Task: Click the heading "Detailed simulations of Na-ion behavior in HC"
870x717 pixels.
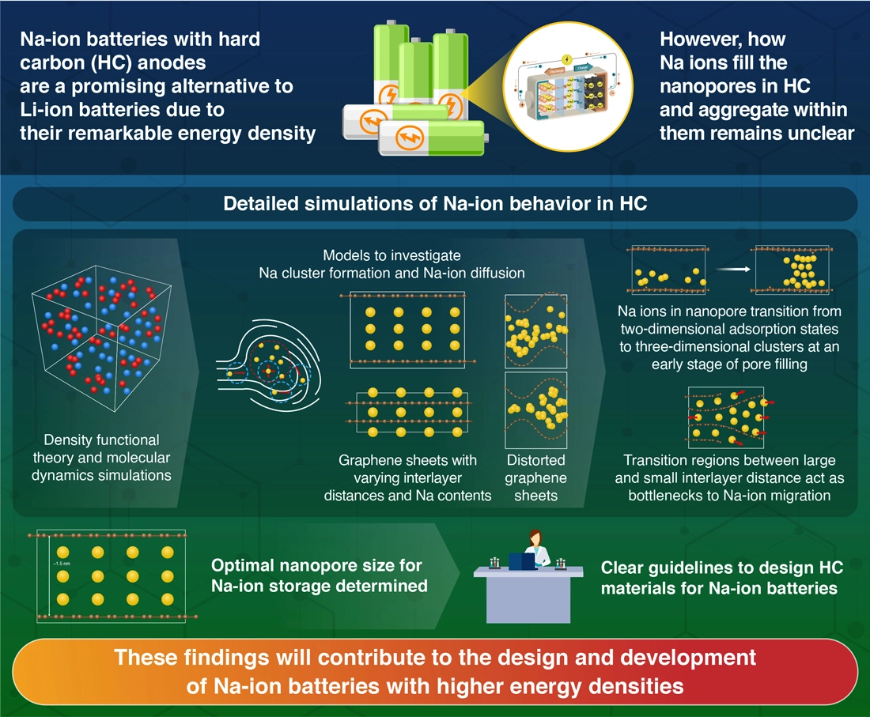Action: [435, 204]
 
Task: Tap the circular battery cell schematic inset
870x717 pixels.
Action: [564, 90]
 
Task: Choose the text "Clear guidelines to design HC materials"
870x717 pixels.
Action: [721, 578]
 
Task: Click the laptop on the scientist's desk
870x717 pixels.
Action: [520, 561]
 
